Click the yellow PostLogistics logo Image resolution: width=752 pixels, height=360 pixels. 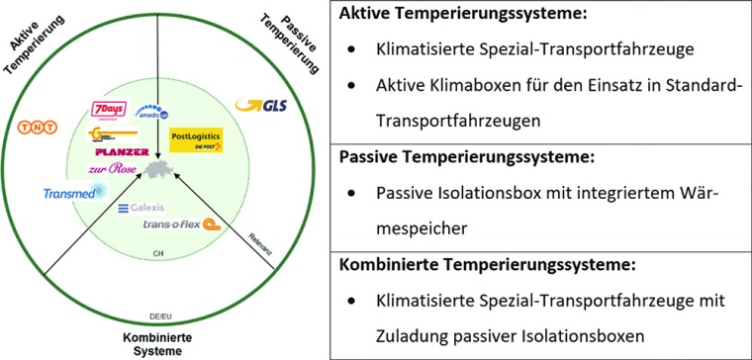196,139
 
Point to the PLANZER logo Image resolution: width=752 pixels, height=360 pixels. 123,152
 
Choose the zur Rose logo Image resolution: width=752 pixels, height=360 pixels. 119,168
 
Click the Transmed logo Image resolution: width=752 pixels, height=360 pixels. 70,194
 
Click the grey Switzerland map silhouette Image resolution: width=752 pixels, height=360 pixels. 158,172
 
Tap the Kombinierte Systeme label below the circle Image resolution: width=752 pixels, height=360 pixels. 156,342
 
